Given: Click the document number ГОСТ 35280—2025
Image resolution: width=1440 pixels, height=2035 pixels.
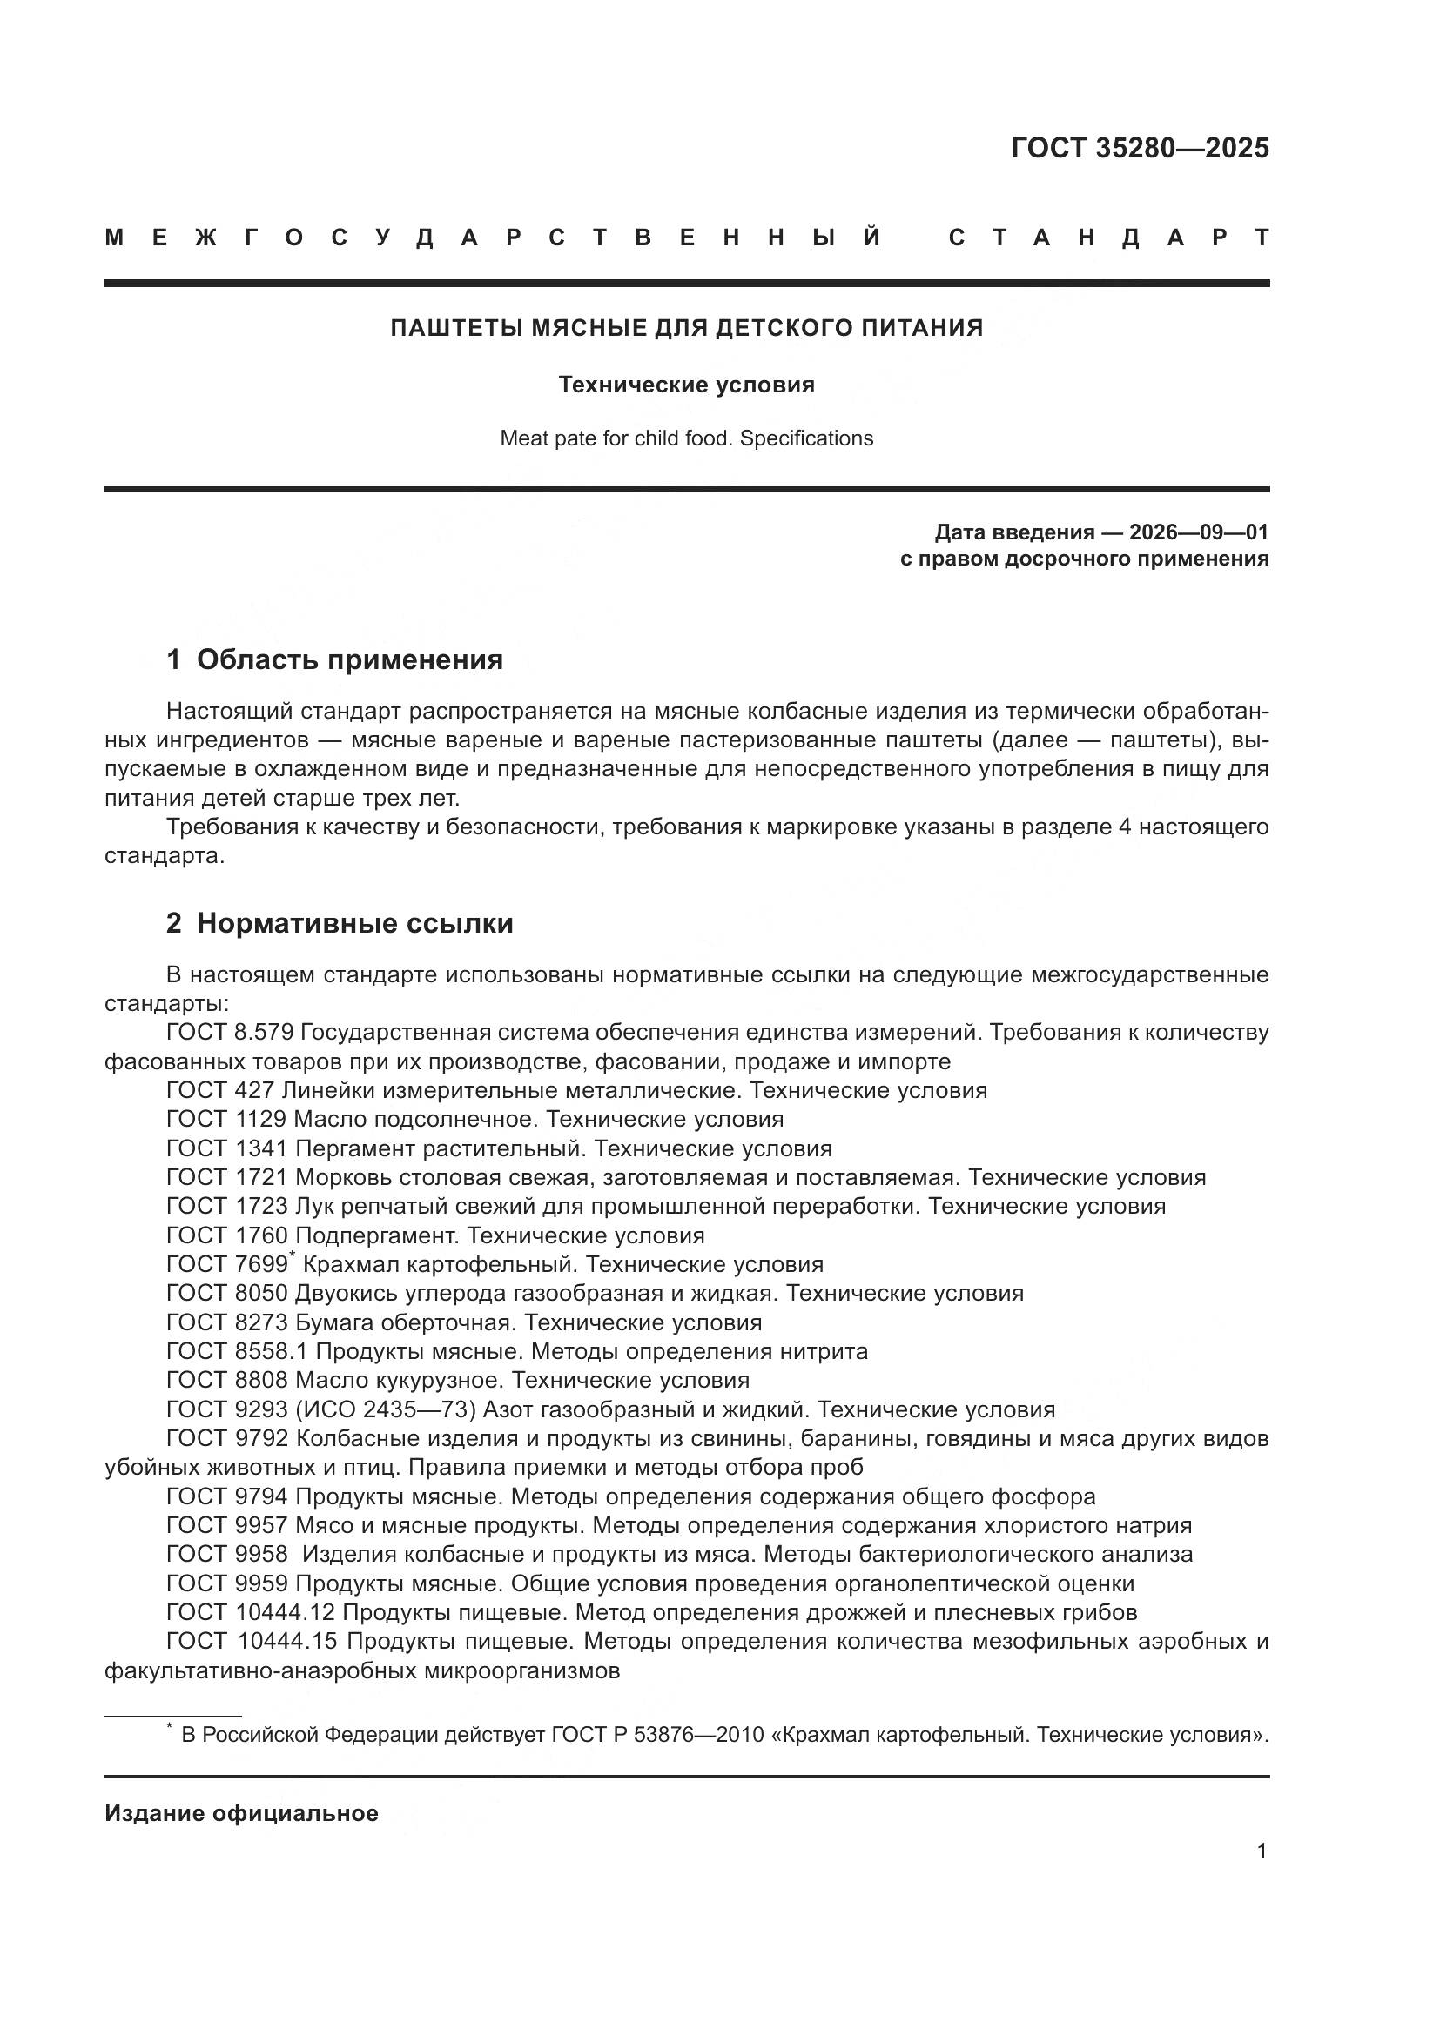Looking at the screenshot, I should click(1140, 148).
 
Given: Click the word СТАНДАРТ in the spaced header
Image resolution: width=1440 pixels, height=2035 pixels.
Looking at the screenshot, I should click(1108, 238).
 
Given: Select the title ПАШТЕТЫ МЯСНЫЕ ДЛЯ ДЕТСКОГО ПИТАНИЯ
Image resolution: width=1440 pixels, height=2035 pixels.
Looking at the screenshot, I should click(687, 328).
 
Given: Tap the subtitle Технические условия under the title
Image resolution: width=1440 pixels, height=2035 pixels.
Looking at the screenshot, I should click(686, 385).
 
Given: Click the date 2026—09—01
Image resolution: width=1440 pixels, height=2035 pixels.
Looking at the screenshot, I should click(1198, 532).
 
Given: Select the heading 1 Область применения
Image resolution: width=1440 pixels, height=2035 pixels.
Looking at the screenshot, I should click(334, 659).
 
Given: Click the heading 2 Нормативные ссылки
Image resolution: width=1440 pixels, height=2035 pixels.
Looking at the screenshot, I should click(340, 924).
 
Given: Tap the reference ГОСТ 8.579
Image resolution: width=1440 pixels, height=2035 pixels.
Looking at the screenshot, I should click(229, 1033).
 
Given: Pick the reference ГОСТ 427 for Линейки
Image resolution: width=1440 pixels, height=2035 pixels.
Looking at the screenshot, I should click(220, 1090).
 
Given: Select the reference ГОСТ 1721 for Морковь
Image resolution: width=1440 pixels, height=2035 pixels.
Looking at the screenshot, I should click(227, 1178).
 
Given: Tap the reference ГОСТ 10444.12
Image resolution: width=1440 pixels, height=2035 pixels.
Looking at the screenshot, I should click(250, 1612).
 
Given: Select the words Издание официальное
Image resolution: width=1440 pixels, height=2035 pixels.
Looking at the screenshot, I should click(241, 1813).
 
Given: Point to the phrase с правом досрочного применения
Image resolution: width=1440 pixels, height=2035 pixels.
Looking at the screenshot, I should click(1084, 559).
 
